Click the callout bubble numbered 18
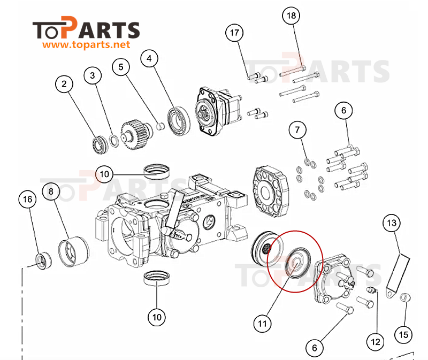(291, 16)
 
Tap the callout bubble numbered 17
(234, 33)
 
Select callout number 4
(149, 58)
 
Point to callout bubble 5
(121, 67)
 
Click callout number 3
(93, 75)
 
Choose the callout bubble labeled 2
(64, 84)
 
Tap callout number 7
(297, 129)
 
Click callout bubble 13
(392, 223)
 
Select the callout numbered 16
(28, 199)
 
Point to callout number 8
(51, 192)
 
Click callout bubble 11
(262, 324)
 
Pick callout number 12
(376, 342)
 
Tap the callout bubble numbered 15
(404, 335)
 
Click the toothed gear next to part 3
(136, 134)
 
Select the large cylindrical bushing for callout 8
(74, 251)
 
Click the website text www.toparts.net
(86, 44)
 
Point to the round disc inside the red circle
(297, 263)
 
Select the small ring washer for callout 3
(114, 141)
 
